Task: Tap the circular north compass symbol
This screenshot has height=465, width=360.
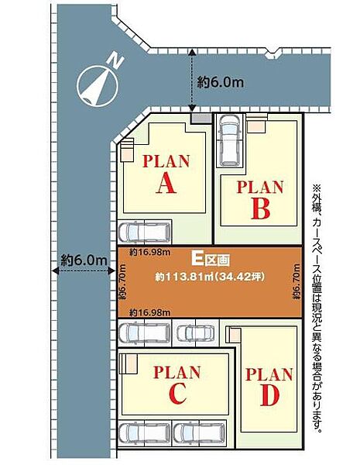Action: point(98,86)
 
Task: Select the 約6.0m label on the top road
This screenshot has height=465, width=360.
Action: point(221,82)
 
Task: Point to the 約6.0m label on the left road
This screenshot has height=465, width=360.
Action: point(84,260)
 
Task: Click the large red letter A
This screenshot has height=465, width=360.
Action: point(166,183)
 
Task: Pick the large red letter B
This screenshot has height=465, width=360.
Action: point(261,208)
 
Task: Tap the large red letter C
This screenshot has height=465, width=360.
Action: point(178,393)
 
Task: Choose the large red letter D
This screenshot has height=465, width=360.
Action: point(270,395)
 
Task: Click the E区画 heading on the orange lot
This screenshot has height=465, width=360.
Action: point(211,260)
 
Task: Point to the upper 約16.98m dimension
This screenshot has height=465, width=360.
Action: point(149,253)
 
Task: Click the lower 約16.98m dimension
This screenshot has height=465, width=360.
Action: point(149,312)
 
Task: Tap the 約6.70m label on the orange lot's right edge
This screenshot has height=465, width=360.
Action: point(297,281)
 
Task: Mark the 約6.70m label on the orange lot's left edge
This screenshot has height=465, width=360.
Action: point(123,281)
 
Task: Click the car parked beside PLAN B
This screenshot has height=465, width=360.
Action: point(230,140)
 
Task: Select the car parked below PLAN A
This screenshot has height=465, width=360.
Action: point(145,231)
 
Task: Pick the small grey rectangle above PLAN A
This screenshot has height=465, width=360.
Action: point(201,119)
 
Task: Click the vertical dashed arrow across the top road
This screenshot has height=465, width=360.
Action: point(192,81)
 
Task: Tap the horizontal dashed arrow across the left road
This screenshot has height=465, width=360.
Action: point(84,270)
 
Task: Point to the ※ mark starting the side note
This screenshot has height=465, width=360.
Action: point(317,188)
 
